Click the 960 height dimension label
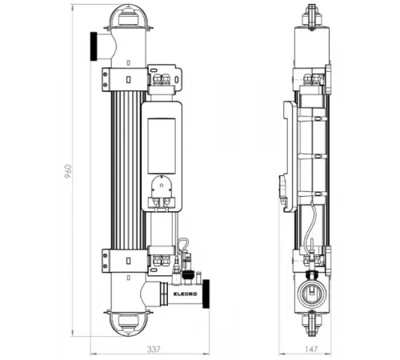pos(68,172)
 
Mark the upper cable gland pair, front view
pos(163,78)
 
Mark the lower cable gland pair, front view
pos(163,260)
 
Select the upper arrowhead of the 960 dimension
pos(73,8)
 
